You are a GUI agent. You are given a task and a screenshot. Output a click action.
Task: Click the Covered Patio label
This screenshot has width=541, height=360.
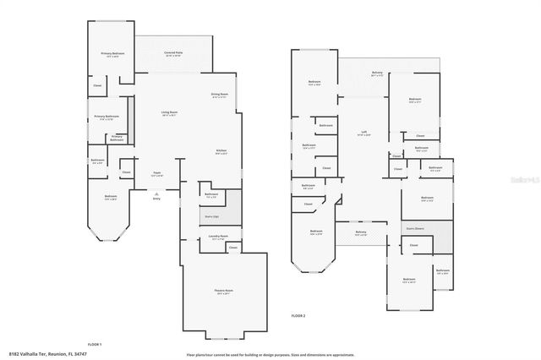176,53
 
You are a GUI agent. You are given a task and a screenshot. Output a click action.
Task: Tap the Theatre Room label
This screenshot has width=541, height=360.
223,292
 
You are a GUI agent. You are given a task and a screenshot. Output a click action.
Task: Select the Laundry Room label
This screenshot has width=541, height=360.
220,237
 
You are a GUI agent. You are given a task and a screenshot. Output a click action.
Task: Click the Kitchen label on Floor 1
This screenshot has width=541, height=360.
221,152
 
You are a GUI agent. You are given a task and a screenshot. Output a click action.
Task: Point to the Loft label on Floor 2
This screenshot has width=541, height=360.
363,133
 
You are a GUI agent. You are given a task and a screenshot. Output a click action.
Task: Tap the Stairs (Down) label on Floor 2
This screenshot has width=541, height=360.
415,227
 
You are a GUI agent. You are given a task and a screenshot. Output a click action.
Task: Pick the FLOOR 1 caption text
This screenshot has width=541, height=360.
94,344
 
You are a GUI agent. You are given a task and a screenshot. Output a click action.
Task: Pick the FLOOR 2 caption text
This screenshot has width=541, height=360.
298,314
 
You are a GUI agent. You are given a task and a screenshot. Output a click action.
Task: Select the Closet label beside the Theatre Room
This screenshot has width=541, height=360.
232,248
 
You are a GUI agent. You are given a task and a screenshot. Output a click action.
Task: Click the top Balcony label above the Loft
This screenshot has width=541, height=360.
377,74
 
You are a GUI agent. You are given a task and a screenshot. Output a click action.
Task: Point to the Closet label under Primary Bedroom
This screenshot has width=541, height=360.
97,85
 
